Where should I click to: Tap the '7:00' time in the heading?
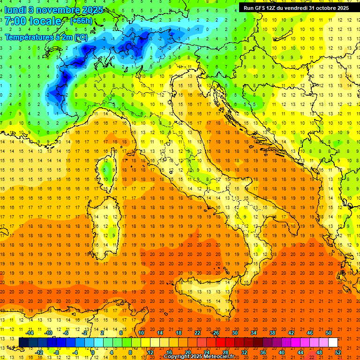click(x=15, y=21)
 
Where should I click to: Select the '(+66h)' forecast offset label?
click(x=81, y=21)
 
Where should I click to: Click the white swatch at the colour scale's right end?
click(x=333, y=342)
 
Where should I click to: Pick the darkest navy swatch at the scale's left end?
click(x=23, y=342)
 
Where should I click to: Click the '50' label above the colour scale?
click(x=329, y=333)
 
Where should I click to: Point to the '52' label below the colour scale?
click(x=338, y=352)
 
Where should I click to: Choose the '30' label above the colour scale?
click(x=234, y=333)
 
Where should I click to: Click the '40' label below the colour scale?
click(x=282, y=352)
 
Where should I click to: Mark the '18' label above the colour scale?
click(x=178, y=333)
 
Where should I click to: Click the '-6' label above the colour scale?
click(x=67, y=333)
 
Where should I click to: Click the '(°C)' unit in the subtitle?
click(x=80, y=37)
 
